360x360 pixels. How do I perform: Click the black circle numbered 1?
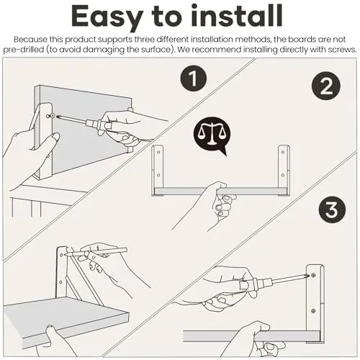coord(194,78)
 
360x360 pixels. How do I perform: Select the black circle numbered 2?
coord(326,86)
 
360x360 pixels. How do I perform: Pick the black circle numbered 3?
coord(332,210)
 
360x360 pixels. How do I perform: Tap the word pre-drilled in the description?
coord(24,50)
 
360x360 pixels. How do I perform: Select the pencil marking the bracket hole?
coord(96,253)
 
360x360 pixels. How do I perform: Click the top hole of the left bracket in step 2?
coord(158,152)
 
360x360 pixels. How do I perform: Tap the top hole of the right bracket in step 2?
coord(283,152)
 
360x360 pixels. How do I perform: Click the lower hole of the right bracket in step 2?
coord(282,175)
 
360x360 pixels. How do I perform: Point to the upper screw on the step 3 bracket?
coord(313,275)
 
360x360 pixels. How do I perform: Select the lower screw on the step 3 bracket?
coord(313,311)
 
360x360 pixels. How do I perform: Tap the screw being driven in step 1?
coord(50,116)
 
